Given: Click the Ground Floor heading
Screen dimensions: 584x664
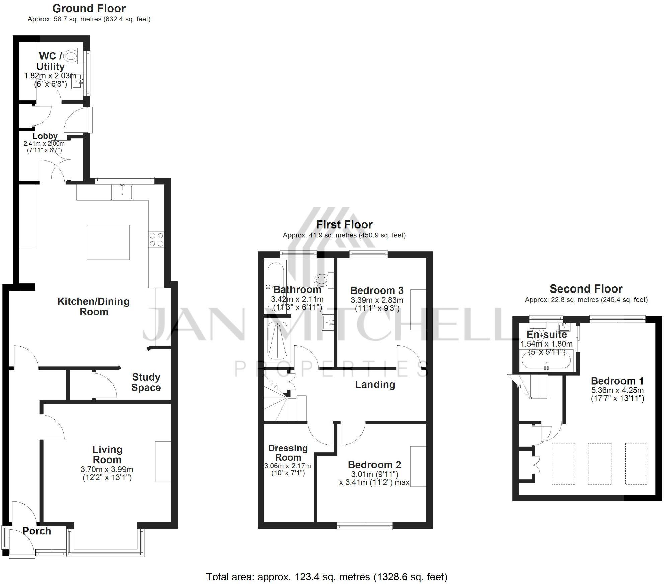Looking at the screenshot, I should click(89, 8).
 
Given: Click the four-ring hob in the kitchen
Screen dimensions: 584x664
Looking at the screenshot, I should click(156, 239).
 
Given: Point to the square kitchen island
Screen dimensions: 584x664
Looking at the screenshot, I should click(108, 242).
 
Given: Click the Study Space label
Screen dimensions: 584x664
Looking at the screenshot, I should click(146, 382).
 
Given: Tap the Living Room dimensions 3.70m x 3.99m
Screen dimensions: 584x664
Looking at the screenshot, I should click(107, 470).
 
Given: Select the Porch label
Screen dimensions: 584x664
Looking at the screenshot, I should click(37, 531).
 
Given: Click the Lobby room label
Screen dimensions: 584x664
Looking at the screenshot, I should click(45, 136).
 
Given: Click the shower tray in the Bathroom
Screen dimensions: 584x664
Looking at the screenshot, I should click(277, 340).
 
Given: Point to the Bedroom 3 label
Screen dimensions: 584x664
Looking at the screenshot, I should click(377, 290).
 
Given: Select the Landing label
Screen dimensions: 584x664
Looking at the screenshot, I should click(375, 384).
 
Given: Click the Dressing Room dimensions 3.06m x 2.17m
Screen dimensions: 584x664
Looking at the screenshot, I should click(287, 466).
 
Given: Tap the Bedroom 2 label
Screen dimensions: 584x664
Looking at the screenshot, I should click(374, 465).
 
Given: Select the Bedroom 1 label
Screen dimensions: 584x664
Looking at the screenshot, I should click(617, 381).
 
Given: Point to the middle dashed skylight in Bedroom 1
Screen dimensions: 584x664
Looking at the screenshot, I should click(600, 464).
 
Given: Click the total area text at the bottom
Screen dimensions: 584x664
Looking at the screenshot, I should click(327, 577).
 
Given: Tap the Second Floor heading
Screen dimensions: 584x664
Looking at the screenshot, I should click(586, 289).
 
